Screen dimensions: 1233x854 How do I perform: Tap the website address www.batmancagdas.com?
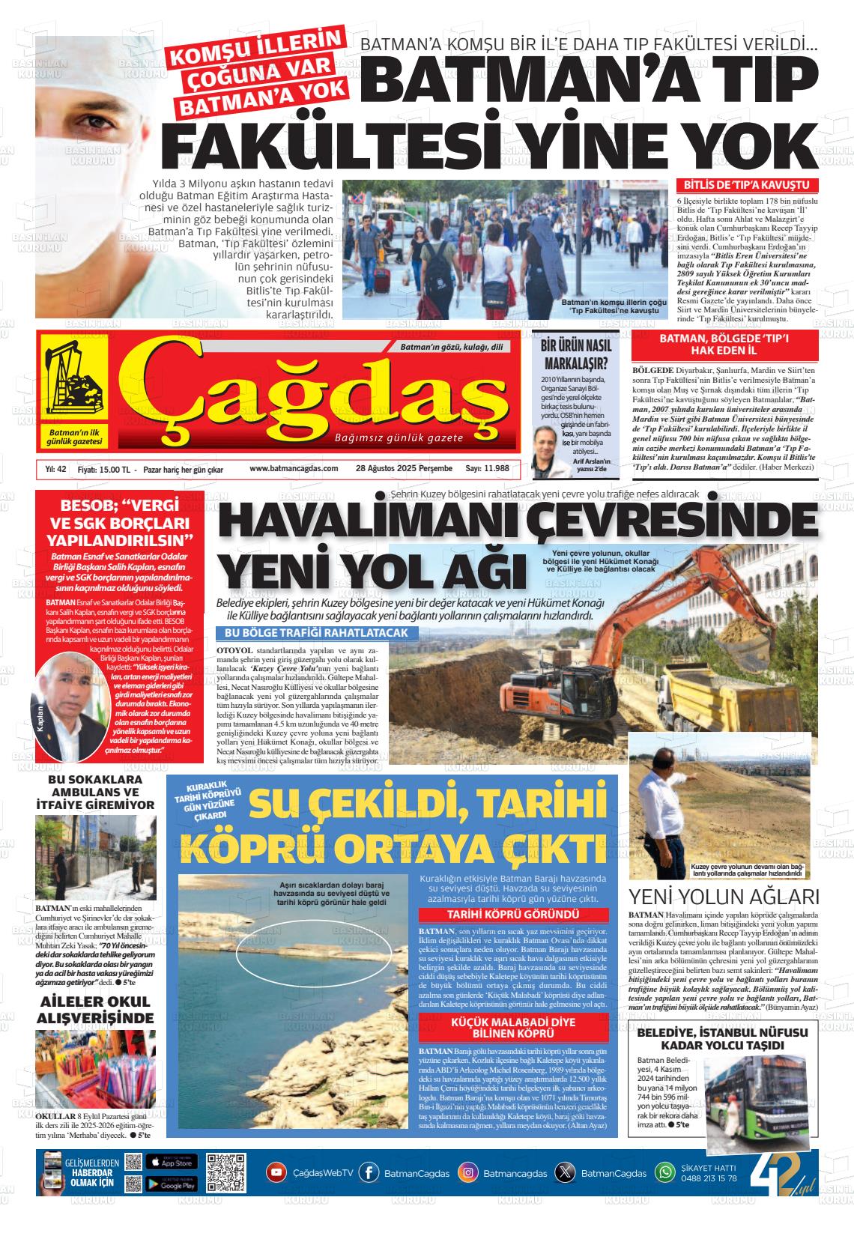pos(294,468)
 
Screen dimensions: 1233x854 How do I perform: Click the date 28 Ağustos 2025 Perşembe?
pos(405,468)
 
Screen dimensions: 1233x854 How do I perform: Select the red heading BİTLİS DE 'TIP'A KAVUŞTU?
pos(748,186)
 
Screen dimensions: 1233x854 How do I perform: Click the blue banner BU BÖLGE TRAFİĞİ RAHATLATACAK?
pos(317,633)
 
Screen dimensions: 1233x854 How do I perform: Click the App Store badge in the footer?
pos(171,1162)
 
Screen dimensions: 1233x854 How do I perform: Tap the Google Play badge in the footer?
pos(171,1184)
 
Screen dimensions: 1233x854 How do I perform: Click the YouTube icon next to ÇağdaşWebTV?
pos(277,1172)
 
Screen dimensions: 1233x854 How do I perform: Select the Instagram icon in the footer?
pos(468,1172)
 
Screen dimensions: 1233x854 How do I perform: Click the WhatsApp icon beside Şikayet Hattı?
pos(665,1172)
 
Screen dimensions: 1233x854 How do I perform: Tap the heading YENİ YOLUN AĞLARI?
pos(724,897)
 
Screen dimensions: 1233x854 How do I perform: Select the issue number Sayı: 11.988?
pos(487,468)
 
